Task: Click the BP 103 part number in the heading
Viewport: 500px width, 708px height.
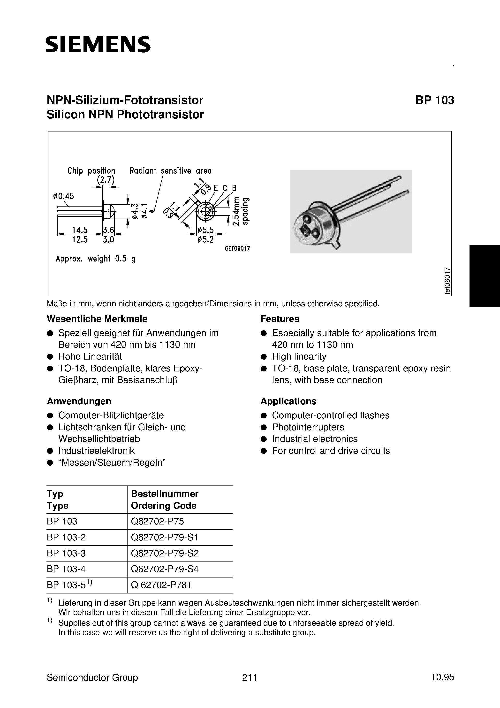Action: [x=434, y=100]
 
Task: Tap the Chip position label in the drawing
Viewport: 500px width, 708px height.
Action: [x=91, y=170]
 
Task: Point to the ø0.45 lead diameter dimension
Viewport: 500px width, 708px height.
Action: [x=63, y=196]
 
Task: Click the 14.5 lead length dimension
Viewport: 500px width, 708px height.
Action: [x=80, y=230]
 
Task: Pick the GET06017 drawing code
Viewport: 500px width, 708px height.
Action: [x=237, y=248]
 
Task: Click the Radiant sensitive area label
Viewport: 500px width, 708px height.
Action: [x=170, y=170]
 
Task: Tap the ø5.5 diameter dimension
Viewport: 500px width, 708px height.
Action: [x=205, y=230]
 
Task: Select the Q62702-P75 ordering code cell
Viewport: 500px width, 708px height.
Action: [x=157, y=522]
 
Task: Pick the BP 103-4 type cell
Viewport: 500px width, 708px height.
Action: [x=66, y=569]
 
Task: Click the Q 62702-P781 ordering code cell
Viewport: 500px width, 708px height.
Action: [x=161, y=585]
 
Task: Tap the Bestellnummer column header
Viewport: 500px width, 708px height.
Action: [x=165, y=494]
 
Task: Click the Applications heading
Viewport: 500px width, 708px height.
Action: [x=288, y=401]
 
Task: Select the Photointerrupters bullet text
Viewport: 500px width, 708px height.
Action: [x=308, y=427]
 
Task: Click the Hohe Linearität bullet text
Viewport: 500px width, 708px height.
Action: [x=90, y=356]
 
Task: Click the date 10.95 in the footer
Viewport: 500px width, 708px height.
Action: [x=442, y=677]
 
